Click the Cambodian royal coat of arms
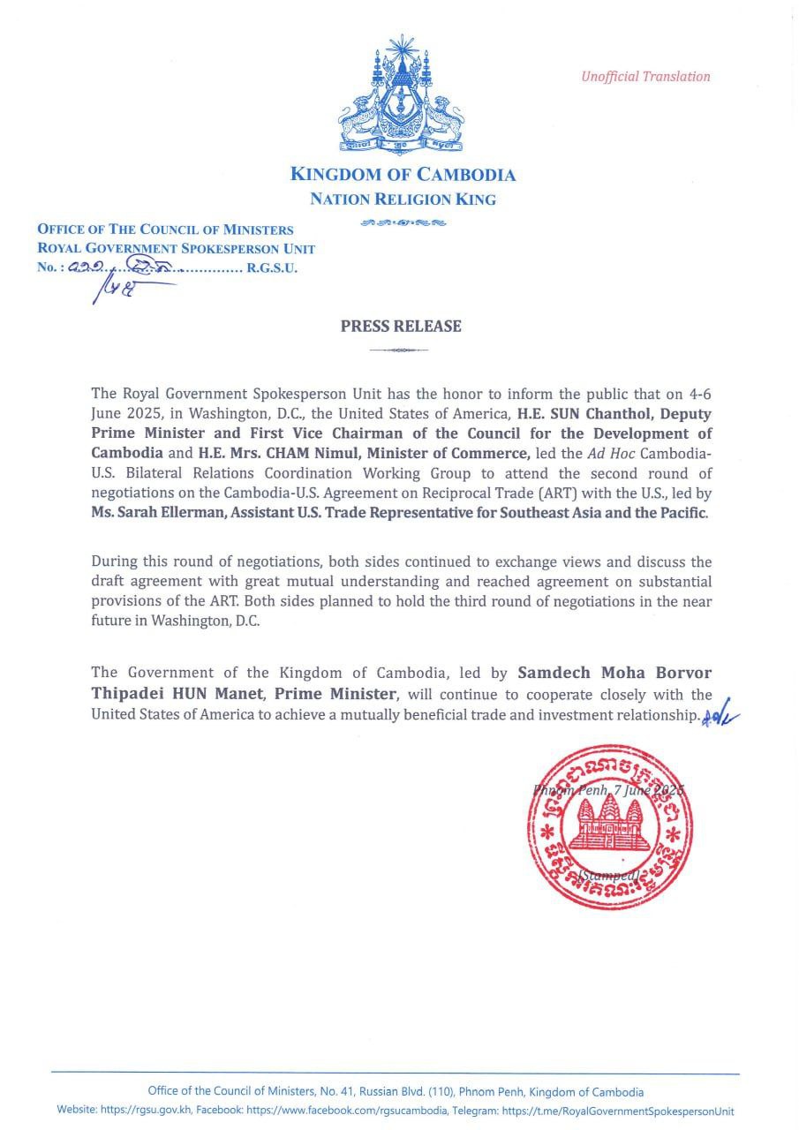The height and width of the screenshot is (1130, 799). (x=402, y=94)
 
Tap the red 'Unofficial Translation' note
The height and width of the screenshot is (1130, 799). (x=645, y=77)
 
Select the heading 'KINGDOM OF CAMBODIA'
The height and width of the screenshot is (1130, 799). (x=403, y=175)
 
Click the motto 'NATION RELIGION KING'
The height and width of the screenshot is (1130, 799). (x=403, y=200)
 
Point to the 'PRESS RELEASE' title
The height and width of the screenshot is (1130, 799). (x=401, y=327)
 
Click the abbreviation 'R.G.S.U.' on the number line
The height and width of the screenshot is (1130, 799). (x=272, y=268)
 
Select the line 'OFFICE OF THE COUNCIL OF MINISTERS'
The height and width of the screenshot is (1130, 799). (x=165, y=230)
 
